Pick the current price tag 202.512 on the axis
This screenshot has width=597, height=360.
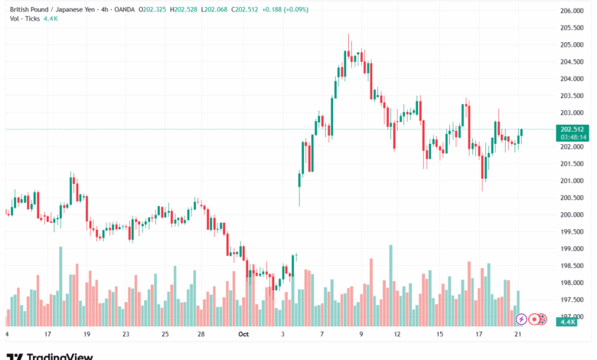(x=573, y=129)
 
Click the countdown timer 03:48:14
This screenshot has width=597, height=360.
(x=573, y=137)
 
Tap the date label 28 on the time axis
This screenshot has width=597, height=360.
(x=200, y=335)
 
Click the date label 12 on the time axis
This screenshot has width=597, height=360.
(x=397, y=335)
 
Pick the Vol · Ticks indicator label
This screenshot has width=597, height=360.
(x=25, y=18)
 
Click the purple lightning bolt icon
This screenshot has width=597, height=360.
(x=521, y=319)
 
